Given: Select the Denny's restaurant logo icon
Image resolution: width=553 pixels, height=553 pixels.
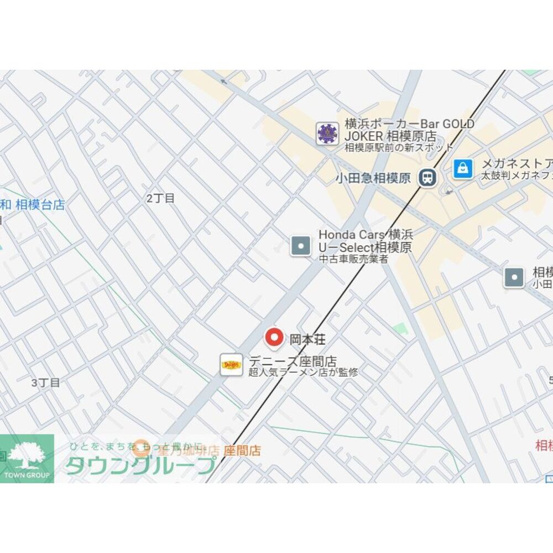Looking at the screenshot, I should coord(231,365).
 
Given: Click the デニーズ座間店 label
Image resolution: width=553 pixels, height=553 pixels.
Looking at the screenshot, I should coord(293,361).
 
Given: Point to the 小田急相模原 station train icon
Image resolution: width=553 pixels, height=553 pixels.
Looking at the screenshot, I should coord(427,178).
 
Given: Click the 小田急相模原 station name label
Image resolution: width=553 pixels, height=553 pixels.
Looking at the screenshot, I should coord(373,178).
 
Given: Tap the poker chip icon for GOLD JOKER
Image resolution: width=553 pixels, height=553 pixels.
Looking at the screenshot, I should coord(327,133).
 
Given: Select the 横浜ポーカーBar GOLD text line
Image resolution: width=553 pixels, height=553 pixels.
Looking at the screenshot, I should coord(409,123).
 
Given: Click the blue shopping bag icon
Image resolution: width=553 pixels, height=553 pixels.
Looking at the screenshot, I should coord(463,168).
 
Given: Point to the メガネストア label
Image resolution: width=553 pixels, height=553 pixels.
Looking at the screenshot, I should coord(517,163).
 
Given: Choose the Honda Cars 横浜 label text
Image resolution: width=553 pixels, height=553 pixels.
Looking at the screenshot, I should coord(366,235).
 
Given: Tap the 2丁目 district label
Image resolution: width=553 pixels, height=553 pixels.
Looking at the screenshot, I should coord(160,198).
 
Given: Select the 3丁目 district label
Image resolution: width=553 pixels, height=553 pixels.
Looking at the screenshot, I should coord(45,383).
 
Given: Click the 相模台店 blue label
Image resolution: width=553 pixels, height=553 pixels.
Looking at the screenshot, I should coord(40,205).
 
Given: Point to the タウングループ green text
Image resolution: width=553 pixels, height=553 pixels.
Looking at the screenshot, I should coord(140,465).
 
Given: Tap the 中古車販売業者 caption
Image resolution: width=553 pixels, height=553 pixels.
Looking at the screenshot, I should coord(353,259).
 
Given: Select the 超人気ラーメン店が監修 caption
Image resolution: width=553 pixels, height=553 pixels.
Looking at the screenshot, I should coord(303,373).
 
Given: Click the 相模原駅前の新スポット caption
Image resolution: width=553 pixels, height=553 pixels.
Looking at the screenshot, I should coord(399,147).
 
